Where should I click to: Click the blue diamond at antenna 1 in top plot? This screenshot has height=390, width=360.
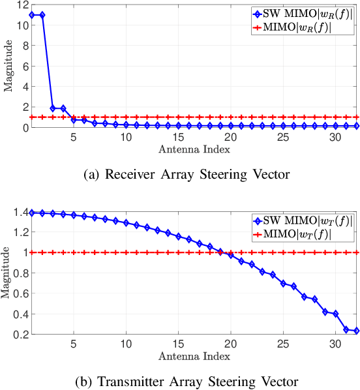pos(32,14)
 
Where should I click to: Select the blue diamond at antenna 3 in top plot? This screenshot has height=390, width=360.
pos(53,108)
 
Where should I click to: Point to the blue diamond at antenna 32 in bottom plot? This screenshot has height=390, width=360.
pos(356,331)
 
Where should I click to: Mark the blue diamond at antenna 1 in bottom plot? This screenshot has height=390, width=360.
pos(32,213)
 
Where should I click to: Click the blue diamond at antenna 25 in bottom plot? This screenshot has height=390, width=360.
pos(283,284)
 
